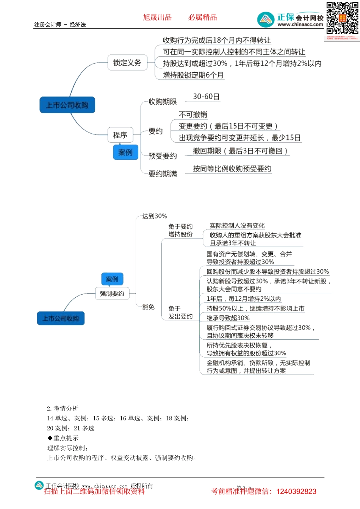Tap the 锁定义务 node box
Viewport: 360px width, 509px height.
[127, 63]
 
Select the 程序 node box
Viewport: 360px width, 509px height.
[120, 135]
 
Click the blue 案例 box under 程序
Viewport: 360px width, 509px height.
[125, 152]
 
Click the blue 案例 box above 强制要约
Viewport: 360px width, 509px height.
[112, 279]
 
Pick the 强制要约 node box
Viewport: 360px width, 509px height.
[112, 294]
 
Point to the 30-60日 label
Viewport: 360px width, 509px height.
[206, 97]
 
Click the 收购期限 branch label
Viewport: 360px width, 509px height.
[163, 101]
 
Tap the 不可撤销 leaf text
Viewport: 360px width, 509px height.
[193, 114]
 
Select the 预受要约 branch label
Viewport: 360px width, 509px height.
[163, 156]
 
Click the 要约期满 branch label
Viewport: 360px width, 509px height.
[163, 174]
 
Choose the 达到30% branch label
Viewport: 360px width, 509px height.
[155, 216]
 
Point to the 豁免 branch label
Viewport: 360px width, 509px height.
[149, 307]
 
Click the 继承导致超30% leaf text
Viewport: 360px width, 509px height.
[228, 318]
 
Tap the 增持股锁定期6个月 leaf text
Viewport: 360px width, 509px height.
[193, 75]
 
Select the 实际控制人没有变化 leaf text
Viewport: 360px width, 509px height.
[237, 226]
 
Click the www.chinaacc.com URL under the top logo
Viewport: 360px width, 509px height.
[300, 25]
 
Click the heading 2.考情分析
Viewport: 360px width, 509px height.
[63, 408]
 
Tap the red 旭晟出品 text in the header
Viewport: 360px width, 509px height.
[157, 17]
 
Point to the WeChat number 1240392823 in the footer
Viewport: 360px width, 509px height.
[296, 492]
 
